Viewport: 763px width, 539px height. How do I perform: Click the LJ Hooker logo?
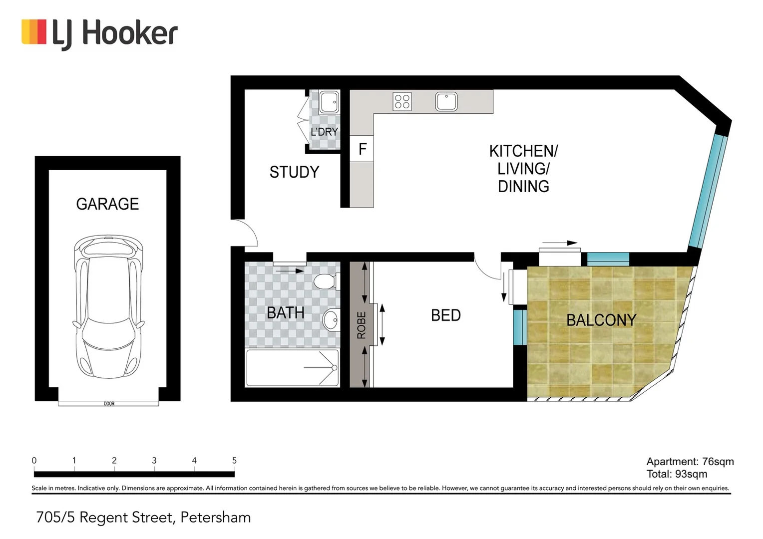[x=99, y=34]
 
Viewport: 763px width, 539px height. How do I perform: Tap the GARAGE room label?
[x=107, y=204]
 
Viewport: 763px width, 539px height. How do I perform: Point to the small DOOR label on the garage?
[x=109, y=403]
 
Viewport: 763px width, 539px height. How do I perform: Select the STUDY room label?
[x=294, y=172]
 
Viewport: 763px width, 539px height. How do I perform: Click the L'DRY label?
[x=324, y=132]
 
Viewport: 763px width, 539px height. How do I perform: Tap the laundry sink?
[x=329, y=102]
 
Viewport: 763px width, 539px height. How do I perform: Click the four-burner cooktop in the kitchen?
[x=402, y=101]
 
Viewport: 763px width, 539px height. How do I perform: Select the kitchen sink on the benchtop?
[x=446, y=101]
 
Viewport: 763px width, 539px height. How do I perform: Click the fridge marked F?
[x=362, y=149]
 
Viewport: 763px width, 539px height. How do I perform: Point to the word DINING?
[x=523, y=187]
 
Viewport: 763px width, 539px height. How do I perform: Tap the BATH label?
[x=285, y=313]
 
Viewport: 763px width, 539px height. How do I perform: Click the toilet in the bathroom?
[x=326, y=281]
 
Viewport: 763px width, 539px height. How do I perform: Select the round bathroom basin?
[x=331, y=319]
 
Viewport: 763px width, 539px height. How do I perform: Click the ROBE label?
[x=361, y=325]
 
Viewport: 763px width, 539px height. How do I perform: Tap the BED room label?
[x=445, y=315]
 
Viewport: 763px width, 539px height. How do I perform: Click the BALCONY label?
[x=601, y=320]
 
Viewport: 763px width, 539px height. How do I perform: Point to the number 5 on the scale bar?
[x=234, y=461]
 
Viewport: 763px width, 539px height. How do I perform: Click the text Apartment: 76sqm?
[x=690, y=462]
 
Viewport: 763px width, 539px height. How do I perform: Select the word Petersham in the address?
[x=215, y=518]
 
